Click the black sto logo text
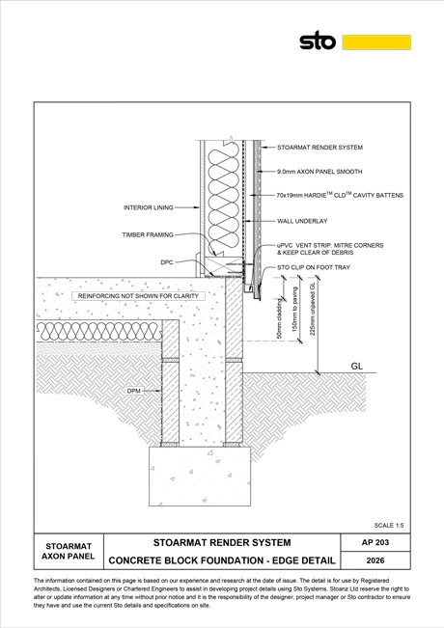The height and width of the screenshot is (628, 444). [318, 41]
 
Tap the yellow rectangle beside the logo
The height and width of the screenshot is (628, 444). [376, 42]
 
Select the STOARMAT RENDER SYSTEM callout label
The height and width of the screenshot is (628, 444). [319, 148]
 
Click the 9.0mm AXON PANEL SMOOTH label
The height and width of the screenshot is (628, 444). [319, 172]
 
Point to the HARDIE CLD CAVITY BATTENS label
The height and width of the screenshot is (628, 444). [340, 195]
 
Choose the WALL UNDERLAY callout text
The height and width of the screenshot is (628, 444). [302, 221]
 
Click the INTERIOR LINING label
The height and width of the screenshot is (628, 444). [149, 207]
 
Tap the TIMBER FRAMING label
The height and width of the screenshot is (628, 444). [148, 234]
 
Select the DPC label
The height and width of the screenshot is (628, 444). [167, 262]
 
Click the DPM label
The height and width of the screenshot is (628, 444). [134, 391]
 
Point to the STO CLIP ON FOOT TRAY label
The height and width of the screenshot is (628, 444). [314, 267]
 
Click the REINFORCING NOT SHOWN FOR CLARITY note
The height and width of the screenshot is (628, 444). [138, 296]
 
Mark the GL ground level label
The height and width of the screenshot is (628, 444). [356, 366]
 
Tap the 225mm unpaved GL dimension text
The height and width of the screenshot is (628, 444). [313, 309]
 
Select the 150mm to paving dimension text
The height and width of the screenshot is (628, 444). [295, 309]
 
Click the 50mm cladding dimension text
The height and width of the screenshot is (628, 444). [280, 318]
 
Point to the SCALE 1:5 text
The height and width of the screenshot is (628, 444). [389, 525]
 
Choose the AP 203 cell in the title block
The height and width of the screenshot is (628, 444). [375, 542]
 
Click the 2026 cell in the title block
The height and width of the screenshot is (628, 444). [375, 560]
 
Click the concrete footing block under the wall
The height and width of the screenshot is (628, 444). [200, 477]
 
